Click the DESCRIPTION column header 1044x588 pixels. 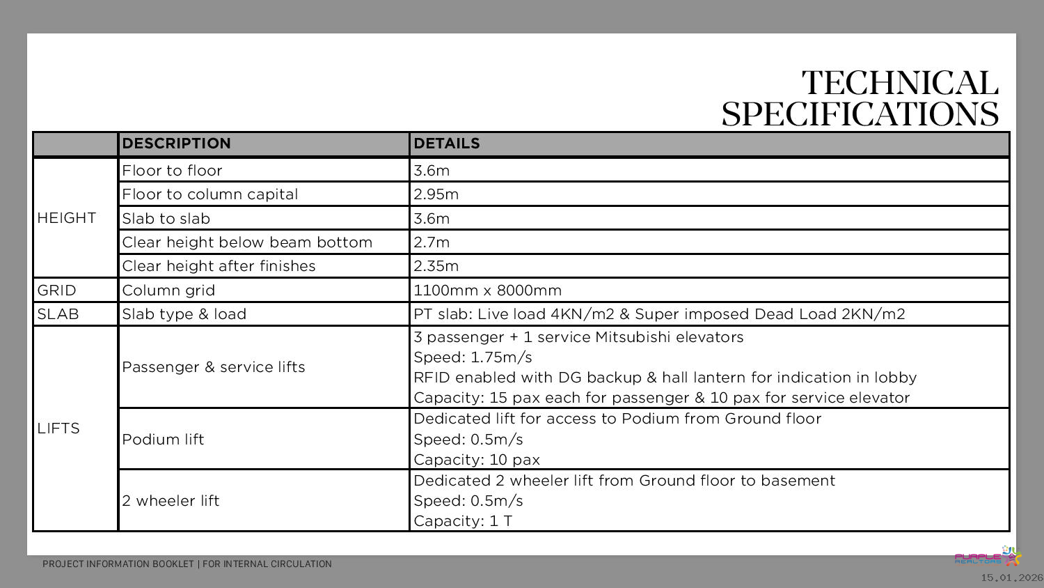pyautogui.click(x=176, y=144)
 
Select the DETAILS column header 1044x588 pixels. pyautogui.click(x=446, y=144)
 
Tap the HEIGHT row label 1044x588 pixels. pyautogui.click(x=67, y=218)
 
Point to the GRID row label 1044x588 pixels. pyautogui.click(x=57, y=291)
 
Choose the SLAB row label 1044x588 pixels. pyautogui.click(x=58, y=314)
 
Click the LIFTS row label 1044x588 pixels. pyautogui.click(x=59, y=428)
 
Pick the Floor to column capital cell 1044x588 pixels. pyautogui.click(x=209, y=194)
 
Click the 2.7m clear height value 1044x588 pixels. pyautogui.click(x=432, y=242)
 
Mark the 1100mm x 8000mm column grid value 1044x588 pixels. pyautogui.click(x=487, y=291)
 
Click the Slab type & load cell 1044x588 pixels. pyautogui.click(x=184, y=314)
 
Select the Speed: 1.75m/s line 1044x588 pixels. pyautogui.click(x=473, y=357)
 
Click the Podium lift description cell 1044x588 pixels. pyautogui.click(x=163, y=440)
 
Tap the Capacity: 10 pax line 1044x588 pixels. pyautogui.click(x=477, y=460)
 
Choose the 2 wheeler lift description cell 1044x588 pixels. pyautogui.click(x=171, y=501)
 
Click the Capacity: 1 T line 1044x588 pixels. pyautogui.click(x=463, y=521)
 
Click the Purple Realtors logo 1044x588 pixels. pyautogui.click(x=987, y=557)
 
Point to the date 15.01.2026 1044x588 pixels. pyautogui.click(x=1012, y=578)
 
